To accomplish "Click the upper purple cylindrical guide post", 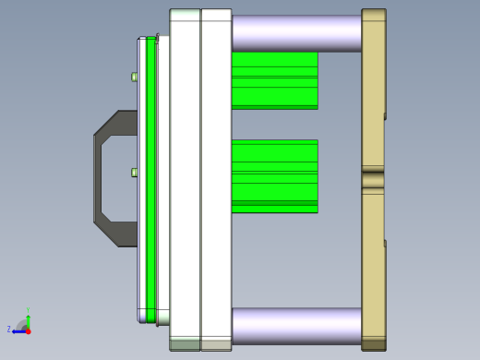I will click(x=295, y=32).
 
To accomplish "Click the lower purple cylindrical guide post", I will click(x=295, y=326).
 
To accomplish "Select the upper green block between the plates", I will click(x=274, y=80).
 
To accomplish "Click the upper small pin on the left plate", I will click(x=135, y=77).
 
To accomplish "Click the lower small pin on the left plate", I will click(x=135, y=172).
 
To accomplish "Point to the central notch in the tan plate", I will click(x=373, y=179).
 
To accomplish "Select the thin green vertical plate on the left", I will click(x=150, y=180).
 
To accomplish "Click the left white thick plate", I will click(x=185, y=180).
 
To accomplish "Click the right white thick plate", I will click(x=216, y=180).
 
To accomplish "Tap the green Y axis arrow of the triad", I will click(x=28, y=318).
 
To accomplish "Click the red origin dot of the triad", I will click(x=28, y=330).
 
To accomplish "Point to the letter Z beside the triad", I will click(x=9, y=329).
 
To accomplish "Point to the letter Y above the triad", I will click(x=28, y=310).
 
